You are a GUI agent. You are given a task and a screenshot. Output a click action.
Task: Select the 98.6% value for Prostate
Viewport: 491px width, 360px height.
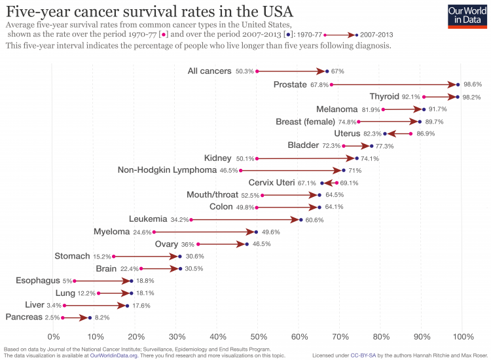tap(473, 84)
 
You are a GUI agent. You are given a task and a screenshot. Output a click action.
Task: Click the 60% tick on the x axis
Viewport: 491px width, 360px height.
tap(299, 336)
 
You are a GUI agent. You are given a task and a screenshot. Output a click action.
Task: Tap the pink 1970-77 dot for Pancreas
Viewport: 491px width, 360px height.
tap(63, 317)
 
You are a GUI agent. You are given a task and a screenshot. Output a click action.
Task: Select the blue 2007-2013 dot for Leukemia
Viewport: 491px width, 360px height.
tap(301, 219)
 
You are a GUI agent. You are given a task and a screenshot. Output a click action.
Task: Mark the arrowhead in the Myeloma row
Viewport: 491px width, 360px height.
tap(250, 232)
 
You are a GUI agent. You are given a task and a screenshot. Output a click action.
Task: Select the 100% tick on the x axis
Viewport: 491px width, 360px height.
tap(463, 336)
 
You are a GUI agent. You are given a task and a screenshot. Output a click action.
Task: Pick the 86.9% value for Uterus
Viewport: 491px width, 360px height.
tap(425, 134)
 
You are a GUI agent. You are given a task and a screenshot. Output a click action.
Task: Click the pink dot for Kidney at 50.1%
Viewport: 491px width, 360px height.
tap(257, 158)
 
